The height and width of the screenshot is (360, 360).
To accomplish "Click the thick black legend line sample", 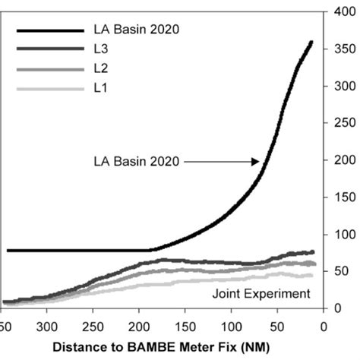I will (49, 30).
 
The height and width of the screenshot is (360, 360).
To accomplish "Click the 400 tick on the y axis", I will (339, 12).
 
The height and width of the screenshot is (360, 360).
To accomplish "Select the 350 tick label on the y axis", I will (339, 49).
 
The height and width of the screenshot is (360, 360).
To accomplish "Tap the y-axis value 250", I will (339, 123).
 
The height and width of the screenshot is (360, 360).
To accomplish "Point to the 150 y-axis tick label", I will (339, 197).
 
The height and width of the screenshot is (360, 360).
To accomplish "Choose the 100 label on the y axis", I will (339, 235).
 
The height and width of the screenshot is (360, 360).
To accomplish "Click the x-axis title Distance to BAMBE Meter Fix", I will (163, 348).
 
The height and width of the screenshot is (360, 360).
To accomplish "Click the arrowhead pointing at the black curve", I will (256, 161).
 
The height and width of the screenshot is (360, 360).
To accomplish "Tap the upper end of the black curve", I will (311, 43).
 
